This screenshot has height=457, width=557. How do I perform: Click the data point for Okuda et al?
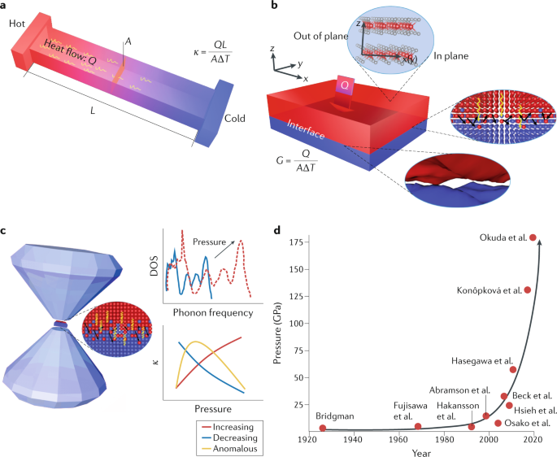pyautogui.click(x=533, y=237)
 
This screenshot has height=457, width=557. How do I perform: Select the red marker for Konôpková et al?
pyautogui.click(x=527, y=290)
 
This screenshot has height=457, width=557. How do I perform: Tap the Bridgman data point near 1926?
pyautogui.click(x=323, y=429)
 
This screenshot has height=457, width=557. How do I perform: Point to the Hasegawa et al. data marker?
pyautogui.click(x=513, y=370)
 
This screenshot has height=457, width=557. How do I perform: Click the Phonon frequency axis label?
pyautogui.click(x=208, y=312)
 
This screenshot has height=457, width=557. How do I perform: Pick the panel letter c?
pyautogui.click(x=5, y=231)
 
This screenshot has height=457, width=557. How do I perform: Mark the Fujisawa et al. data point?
pyautogui.click(x=418, y=427)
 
